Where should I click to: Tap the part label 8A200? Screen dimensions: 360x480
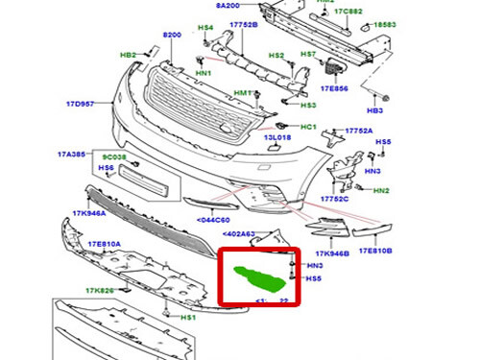(227, 6)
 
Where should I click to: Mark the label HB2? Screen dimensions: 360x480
(128, 55)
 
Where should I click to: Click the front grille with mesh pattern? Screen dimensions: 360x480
(197, 97)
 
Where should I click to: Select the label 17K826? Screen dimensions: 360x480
(99, 289)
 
